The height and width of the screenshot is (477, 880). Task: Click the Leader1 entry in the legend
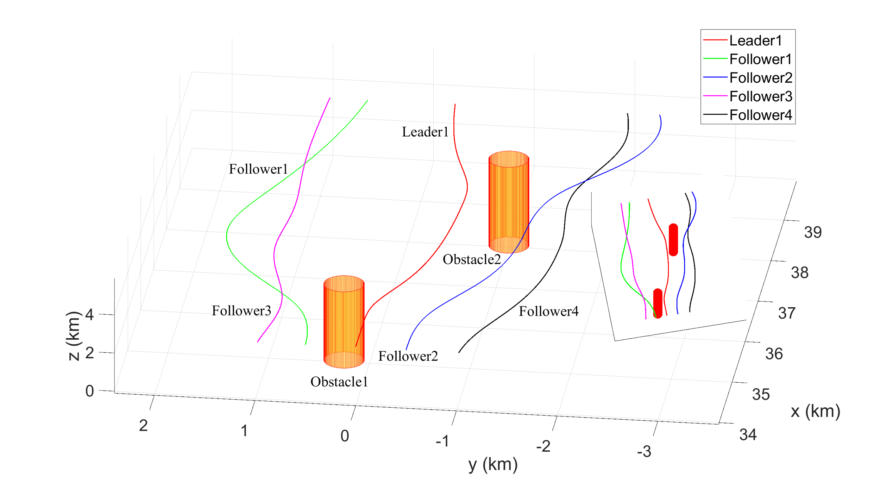pyautogui.click(x=755, y=40)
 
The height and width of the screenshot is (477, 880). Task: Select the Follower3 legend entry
pyautogui.click(x=760, y=96)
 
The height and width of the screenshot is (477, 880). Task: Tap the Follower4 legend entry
pyautogui.click(x=760, y=115)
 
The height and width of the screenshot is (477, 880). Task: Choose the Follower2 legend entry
pyautogui.click(x=760, y=77)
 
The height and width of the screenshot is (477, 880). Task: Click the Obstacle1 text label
pyautogui.click(x=339, y=382)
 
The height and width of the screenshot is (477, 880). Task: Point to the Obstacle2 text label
pyautogui.click(x=472, y=259)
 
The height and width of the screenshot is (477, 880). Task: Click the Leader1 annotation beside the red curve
pyautogui.click(x=425, y=132)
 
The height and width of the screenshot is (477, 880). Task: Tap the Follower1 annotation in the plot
pyautogui.click(x=258, y=169)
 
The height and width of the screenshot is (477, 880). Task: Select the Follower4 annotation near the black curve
pyautogui.click(x=548, y=311)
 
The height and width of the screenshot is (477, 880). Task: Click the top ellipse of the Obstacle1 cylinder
pyautogui.click(x=344, y=284)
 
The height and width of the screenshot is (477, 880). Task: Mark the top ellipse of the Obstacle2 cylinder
pyautogui.click(x=509, y=159)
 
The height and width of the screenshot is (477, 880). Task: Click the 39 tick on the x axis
pyautogui.click(x=813, y=232)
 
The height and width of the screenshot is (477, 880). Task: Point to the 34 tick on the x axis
pyautogui.click(x=748, y=435)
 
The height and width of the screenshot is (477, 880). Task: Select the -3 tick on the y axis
pyautogui.click(x=644, y=451)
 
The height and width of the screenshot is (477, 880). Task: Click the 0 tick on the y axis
pyautogui.click(x=345, y=436)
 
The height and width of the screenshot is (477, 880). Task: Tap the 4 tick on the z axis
pyautogui.click(x=89, y=315)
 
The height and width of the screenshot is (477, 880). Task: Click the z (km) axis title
pyautogui.click(x=74, y=336)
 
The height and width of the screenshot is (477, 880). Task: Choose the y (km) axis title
pyautogui.click(x=493, y=465)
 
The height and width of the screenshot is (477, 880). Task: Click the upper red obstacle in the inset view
pyautogui.click(x=673, y=240)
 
